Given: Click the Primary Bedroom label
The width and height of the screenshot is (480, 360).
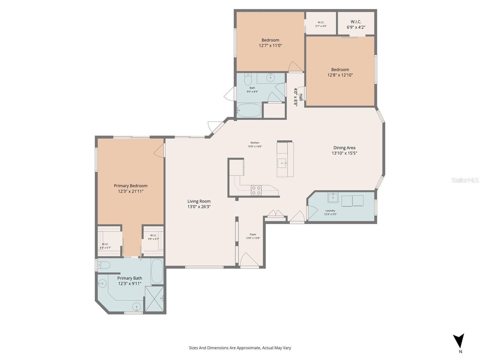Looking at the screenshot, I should tap(130, 186).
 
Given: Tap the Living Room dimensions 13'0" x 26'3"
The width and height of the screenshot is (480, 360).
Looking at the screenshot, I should tap(199, 207).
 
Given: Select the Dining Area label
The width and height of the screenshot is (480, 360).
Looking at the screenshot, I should tap(344, 148).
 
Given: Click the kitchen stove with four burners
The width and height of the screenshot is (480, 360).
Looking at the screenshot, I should tap(256, 190).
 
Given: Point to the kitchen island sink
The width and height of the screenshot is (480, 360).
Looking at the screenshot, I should tap(282, 163).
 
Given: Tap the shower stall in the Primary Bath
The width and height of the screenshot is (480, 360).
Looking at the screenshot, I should tap(154, 299).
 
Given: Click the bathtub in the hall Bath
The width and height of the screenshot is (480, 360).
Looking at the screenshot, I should tap(249, 110).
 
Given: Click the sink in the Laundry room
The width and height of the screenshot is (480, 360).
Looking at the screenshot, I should tap(333, 197).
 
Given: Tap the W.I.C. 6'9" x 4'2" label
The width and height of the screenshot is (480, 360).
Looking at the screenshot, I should tap(356, 24).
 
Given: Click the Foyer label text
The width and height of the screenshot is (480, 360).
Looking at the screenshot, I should tap(253, 234).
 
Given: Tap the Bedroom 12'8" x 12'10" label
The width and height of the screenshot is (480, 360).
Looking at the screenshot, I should tap(340, 72).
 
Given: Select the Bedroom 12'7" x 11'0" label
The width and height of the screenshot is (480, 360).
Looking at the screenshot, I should tap(270, 43).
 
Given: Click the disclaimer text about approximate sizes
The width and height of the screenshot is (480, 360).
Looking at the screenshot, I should tap(240, 348).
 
